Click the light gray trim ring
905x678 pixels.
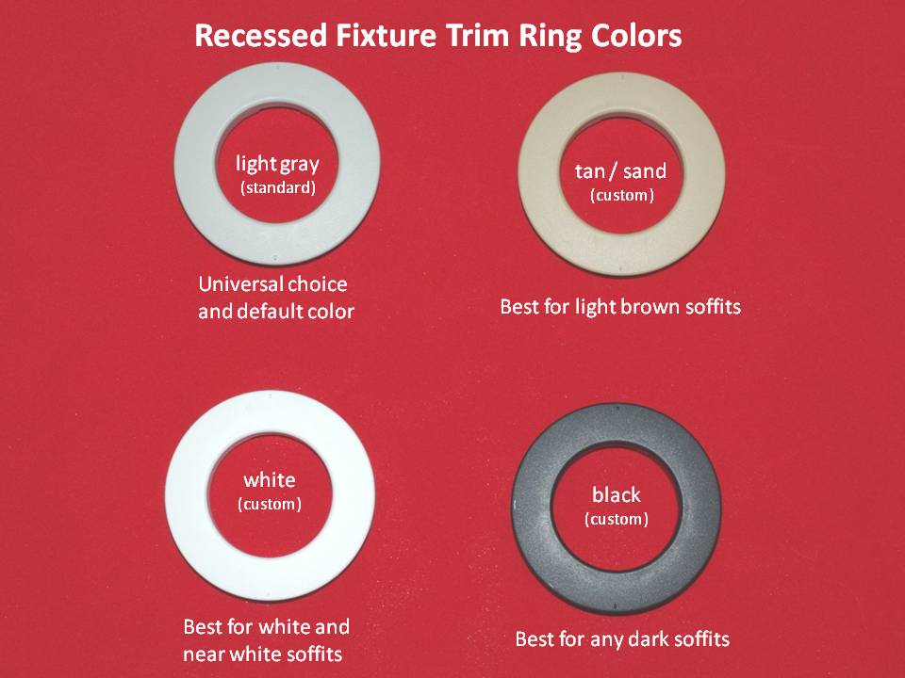point(196,164)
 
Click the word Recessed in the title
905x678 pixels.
point(262,36)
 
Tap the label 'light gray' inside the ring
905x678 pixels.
point(277,165)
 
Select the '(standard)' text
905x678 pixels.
point(277,187)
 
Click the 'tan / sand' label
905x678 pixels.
point(620,170)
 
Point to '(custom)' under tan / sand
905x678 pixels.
point(621,196)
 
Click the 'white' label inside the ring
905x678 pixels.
point(270,479)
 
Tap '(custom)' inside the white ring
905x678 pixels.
point(270,505)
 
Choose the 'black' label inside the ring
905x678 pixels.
point(616,494)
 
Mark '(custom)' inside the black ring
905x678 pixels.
point(617,520)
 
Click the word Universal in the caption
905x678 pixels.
point(240,284)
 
